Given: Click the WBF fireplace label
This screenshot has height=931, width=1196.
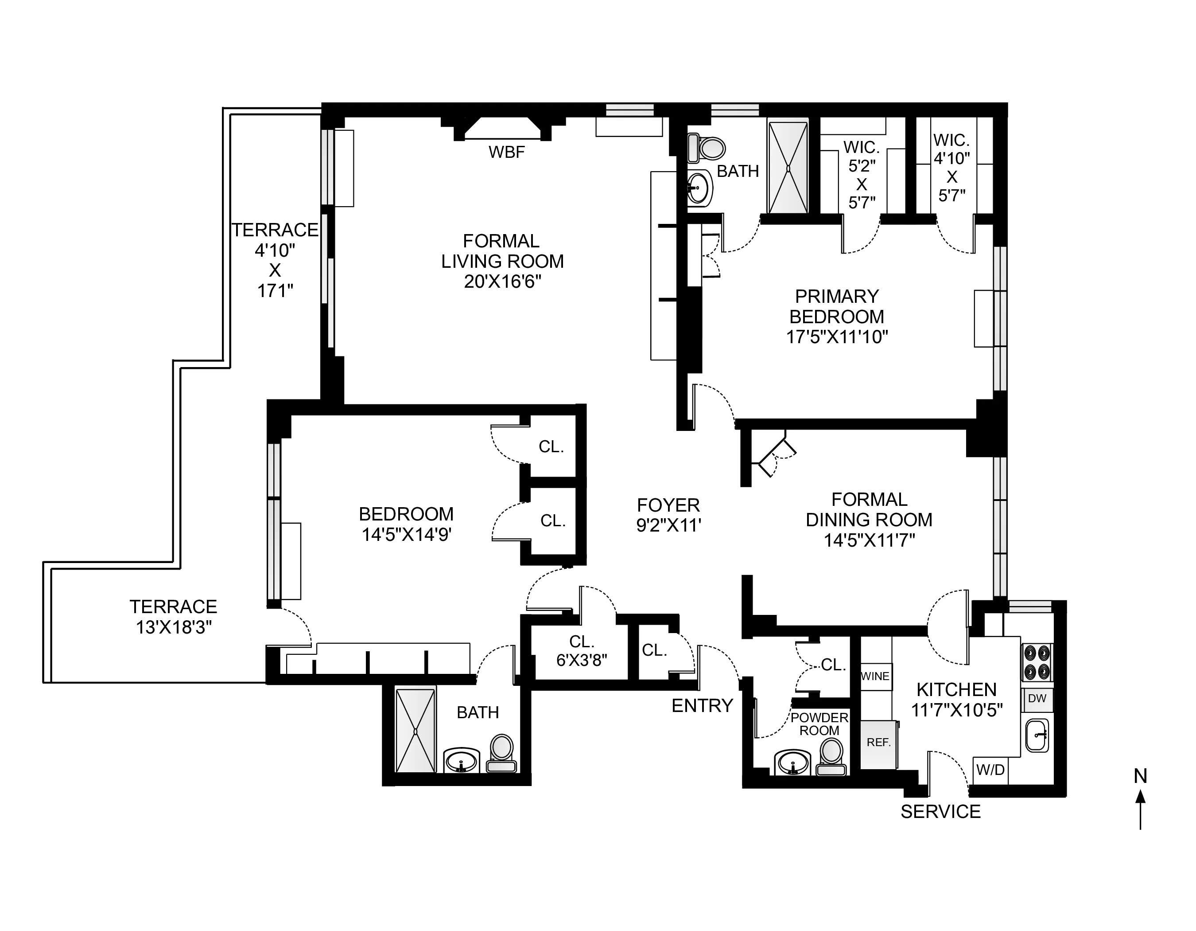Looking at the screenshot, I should (507, 152).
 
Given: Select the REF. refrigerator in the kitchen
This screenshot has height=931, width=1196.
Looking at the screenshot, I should (878, 743).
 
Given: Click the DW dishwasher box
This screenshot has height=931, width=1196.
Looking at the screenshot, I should (1037, 699).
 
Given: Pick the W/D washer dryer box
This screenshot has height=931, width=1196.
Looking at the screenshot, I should (990, 770).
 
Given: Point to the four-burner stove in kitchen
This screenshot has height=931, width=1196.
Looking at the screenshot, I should (1037, 662).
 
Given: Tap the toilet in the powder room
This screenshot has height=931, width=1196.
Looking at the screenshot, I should (831, 757).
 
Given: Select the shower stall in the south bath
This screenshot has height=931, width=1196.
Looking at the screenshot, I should (415, 731).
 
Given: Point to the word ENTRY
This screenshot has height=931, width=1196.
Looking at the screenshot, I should (702, 706).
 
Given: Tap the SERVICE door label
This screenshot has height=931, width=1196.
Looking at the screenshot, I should (940, 812).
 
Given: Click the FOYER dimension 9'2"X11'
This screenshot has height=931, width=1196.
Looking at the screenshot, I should (668, 525).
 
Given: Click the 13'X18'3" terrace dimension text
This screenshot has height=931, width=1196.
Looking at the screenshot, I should (174, 627).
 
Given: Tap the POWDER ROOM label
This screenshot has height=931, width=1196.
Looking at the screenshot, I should (819, 724).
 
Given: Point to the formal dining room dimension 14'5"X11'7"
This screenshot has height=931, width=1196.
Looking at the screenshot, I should (869, 541).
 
